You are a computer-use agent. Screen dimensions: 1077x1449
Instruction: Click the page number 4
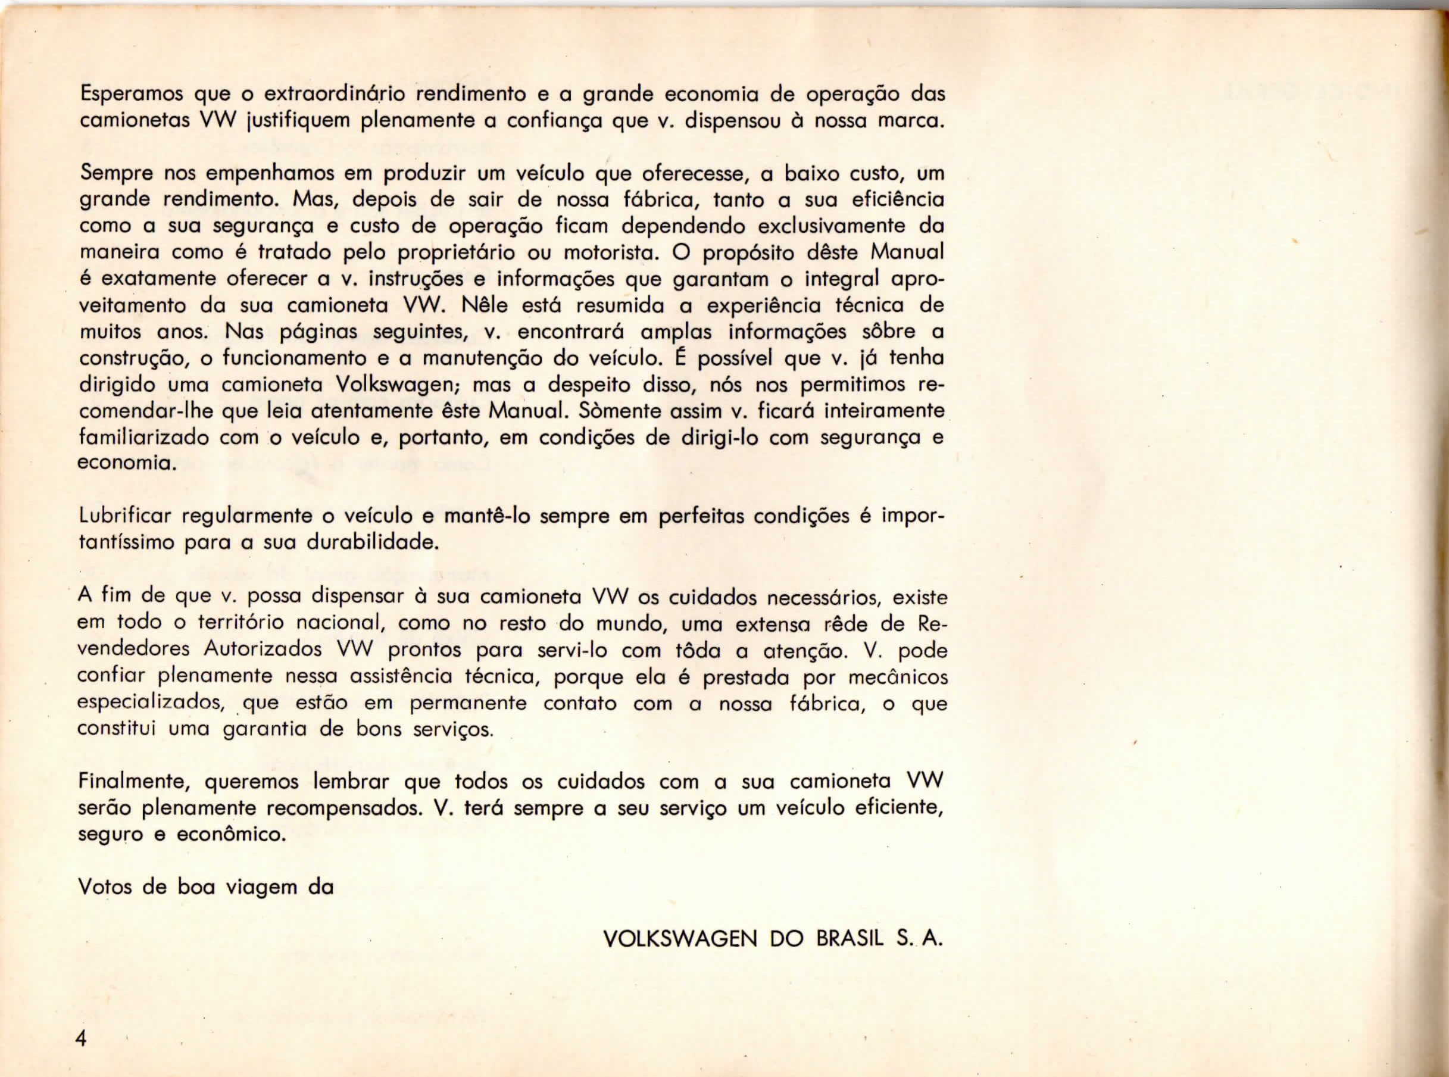81,1038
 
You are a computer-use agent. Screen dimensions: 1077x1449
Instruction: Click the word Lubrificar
124,517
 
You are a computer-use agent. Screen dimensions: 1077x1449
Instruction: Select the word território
239,623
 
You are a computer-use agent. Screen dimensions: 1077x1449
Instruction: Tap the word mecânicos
898,677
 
